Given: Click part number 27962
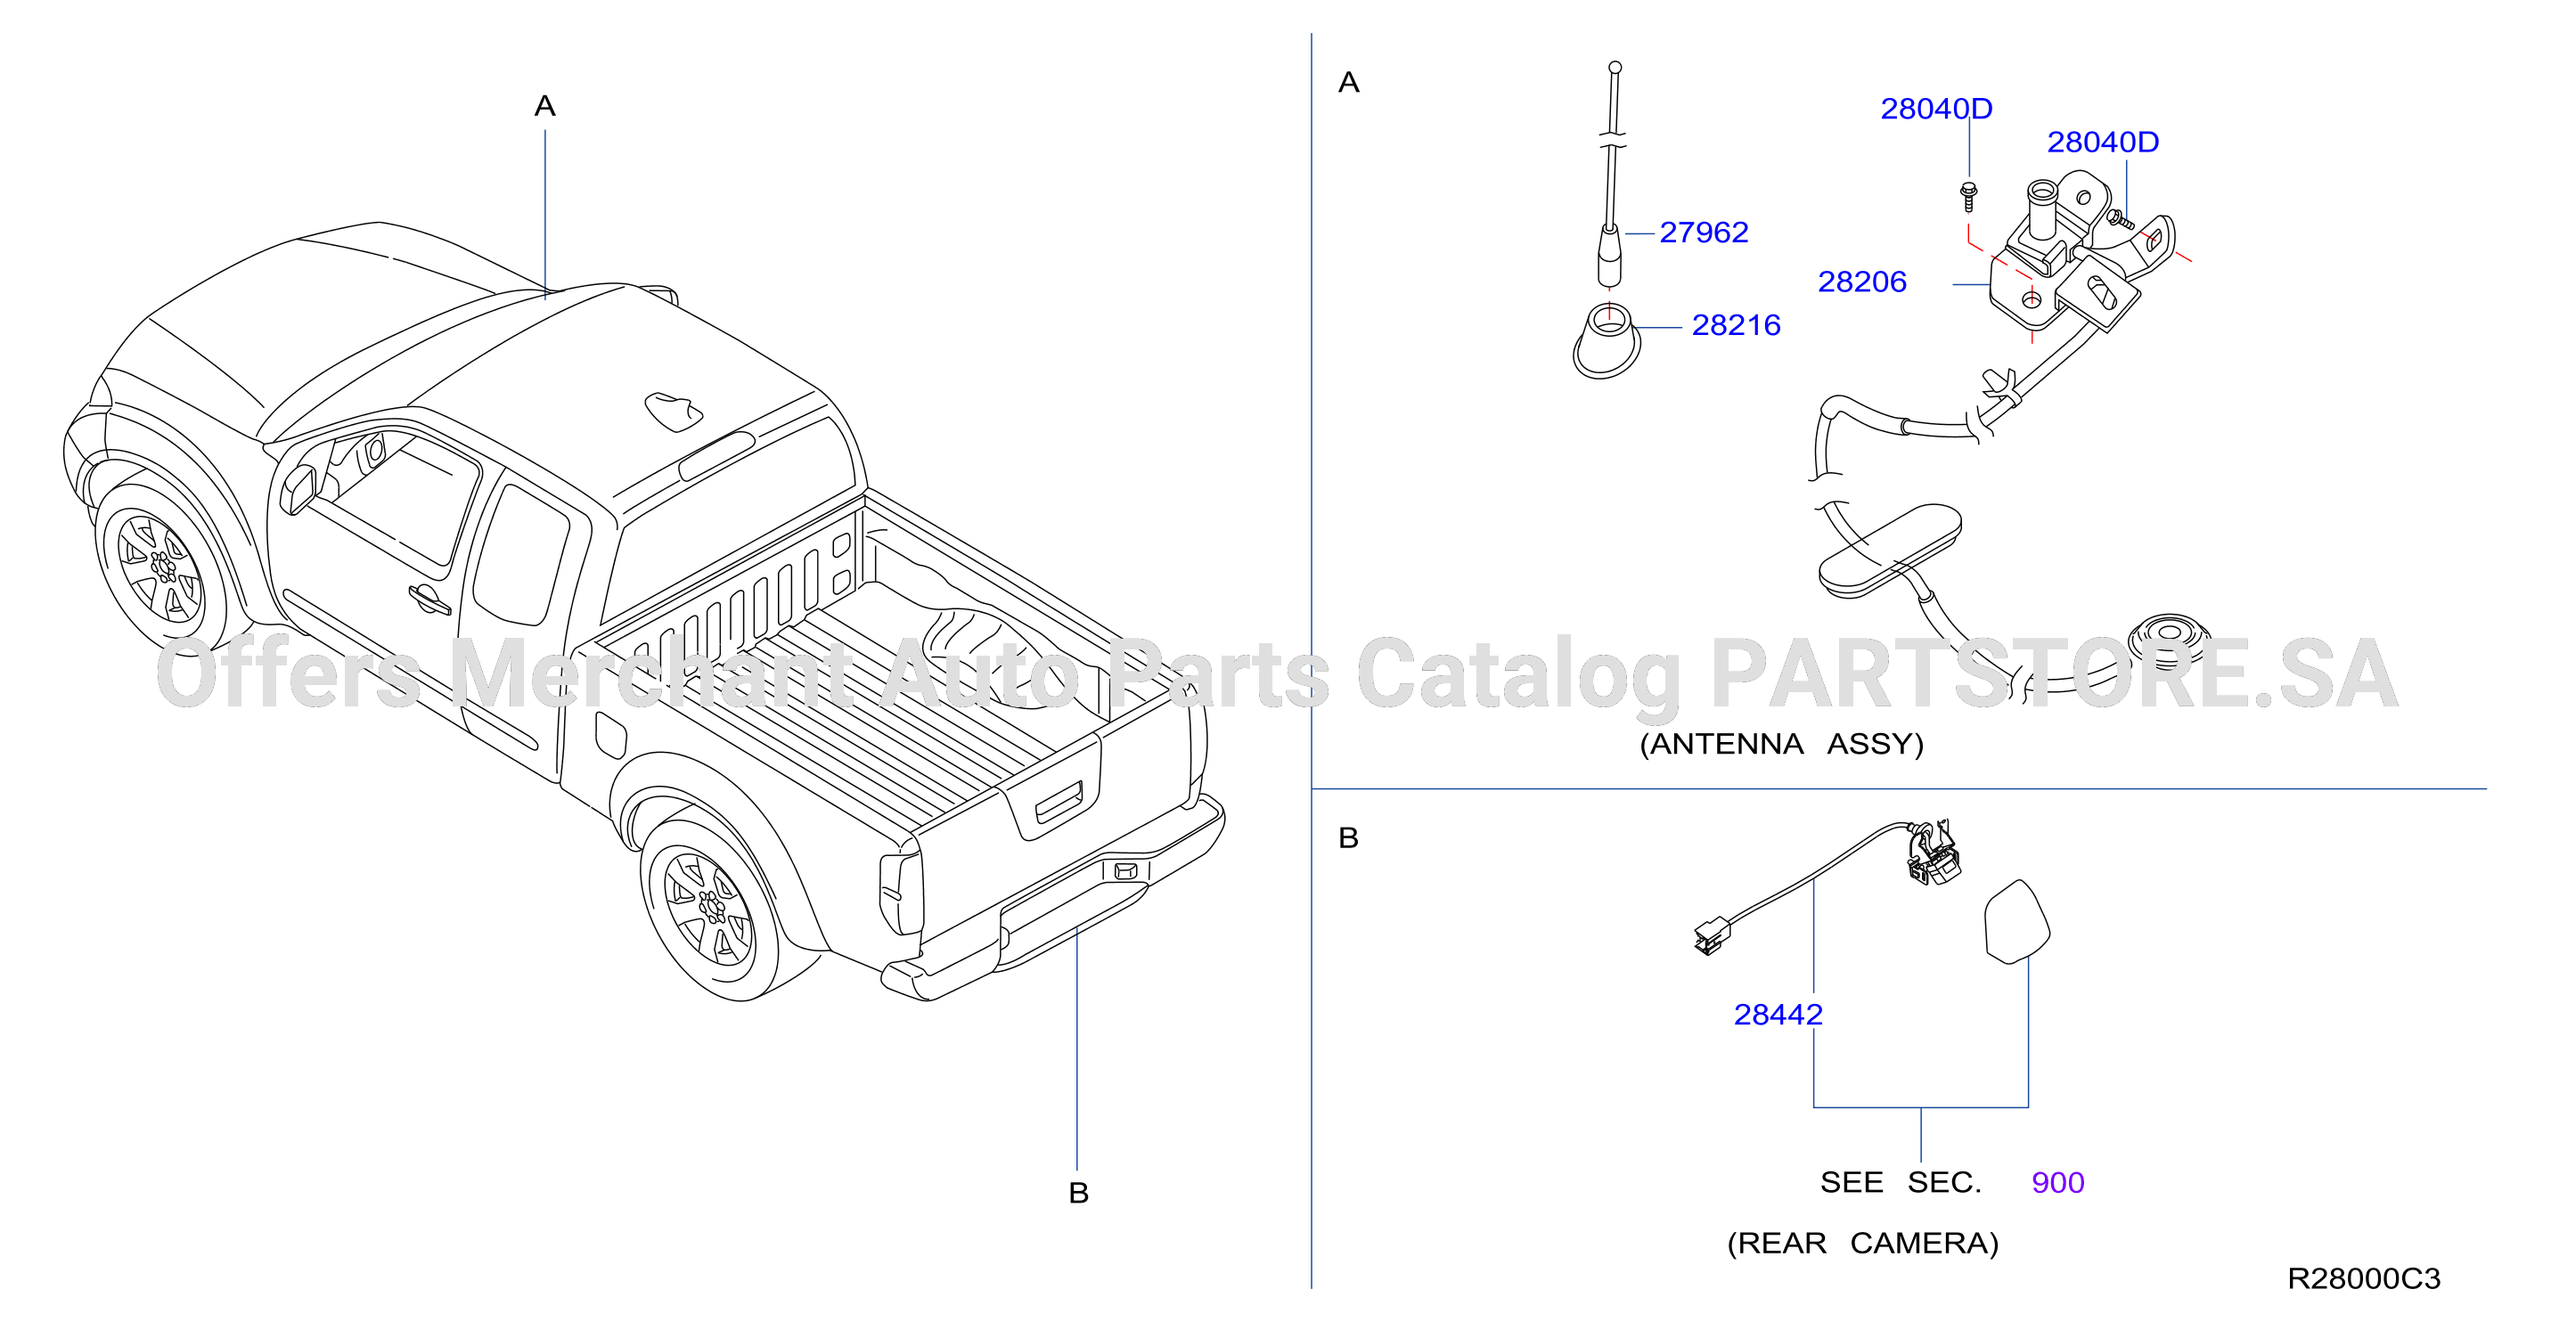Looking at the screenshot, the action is [1704, 232].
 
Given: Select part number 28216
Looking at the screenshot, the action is [1736, 325].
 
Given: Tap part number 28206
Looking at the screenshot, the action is [1861, 282].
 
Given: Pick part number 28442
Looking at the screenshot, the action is [1778, 1014].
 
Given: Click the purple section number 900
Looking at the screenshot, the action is [2058, 1182].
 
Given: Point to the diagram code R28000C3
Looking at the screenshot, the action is [2364, 1278].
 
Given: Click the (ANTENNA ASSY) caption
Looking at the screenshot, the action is [1781, 744].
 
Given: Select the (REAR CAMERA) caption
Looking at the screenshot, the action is [1863, 1243].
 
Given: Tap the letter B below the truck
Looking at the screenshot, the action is [1078, 1193].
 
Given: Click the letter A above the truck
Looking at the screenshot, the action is [544, 106].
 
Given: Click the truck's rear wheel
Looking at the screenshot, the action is [709, 908].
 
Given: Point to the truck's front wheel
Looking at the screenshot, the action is [161, 567].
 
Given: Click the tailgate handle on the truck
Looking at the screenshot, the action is [1059, 802].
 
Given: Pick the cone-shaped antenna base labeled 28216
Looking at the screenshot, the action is [1607, 343].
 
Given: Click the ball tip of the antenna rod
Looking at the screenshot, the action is [1615, 68].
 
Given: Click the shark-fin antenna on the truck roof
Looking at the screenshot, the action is [674, 411].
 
